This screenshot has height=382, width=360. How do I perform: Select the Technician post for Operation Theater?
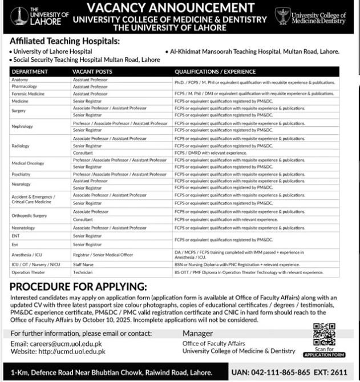(x=83, y=272)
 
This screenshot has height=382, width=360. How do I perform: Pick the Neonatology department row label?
(x=23, y=228)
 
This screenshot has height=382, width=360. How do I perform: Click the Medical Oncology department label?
(x=27, y=163)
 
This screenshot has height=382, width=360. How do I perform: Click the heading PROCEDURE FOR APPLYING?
(x=78, y=286)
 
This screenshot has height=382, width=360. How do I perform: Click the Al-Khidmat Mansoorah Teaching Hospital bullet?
(x=254, y=51)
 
